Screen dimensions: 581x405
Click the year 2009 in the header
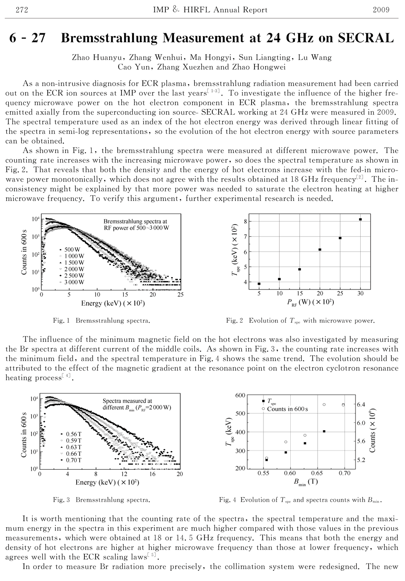(x=381, y=10)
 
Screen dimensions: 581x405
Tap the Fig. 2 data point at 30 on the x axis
(x=361, y=219)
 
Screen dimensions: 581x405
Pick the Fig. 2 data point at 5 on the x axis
(x=259, y=283)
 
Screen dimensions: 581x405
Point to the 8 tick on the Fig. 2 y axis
(x=245, y=221)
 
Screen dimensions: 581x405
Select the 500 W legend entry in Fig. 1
(x=71, y=249)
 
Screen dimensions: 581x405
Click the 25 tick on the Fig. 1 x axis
(x=180, y=295)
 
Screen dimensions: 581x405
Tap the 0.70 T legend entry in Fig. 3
(x=72, y=460)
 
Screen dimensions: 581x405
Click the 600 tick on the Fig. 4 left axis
(x=240, y=396)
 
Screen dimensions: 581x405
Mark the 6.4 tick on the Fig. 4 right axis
(x=361, y=404)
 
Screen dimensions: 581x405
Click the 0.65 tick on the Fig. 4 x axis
(x=317, y=473)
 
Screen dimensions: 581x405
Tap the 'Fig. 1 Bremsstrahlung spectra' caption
(x=101, y=320)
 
